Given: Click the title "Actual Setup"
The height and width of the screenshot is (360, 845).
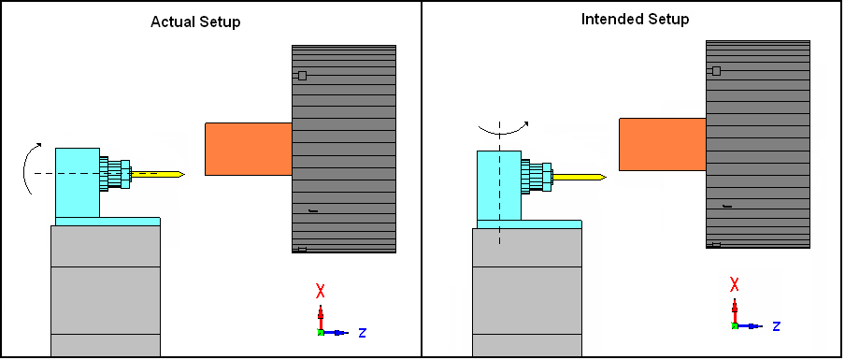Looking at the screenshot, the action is click(x=195, y=22).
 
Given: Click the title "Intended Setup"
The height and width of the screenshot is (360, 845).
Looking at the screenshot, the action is click(x=635, y=20).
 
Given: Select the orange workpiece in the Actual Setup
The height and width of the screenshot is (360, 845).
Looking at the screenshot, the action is click(x=249, y=149).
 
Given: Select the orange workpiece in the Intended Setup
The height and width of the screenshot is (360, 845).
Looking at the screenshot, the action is click(x=663, y=144).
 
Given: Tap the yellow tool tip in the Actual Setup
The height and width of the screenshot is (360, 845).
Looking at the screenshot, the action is click(x=184, y=174).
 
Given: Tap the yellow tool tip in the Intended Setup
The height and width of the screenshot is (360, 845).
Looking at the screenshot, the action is click(x=605, y=177).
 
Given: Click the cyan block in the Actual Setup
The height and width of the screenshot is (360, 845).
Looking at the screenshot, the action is click(x=78, y=182).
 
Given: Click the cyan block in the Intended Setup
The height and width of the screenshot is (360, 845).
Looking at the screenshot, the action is click(x=499, y=185).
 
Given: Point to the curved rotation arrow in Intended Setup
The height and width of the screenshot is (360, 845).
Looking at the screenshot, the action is click(x=501, y=132).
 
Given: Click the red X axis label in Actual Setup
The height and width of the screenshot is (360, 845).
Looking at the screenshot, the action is click(x=320, y=292).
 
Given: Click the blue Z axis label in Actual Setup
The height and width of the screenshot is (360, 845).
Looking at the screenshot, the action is click(x=363, y=333).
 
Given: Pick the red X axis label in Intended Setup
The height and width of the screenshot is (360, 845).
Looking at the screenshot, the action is click(x=734, y=284).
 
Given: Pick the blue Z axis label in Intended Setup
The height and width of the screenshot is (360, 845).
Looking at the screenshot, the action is click(x=777, y=326).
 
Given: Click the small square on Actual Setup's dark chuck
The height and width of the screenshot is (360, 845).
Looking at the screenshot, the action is click(x=302, y=76).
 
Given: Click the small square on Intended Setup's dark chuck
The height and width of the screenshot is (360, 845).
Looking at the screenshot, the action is click(x=716, y=71).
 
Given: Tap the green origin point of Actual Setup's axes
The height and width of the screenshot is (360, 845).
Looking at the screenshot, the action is click(x=320, y=333).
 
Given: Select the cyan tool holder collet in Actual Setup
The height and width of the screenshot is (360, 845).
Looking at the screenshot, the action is click(x=115, y=174).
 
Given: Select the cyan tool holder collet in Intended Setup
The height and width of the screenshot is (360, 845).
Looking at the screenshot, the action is click(x=537, y=176).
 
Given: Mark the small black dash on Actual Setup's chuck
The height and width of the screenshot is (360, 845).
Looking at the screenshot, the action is click(x=313, y=211).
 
